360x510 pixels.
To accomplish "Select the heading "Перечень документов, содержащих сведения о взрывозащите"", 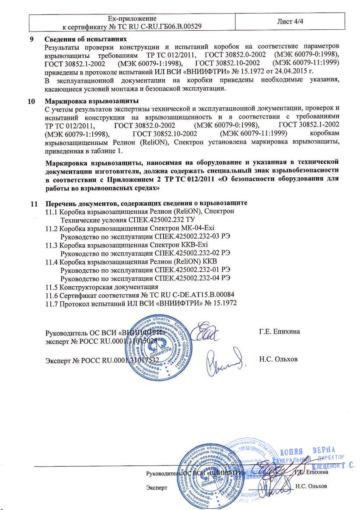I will (147, 204).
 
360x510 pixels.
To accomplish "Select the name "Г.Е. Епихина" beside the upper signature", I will (280, 331).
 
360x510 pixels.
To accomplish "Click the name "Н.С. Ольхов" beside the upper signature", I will (278, 359).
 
